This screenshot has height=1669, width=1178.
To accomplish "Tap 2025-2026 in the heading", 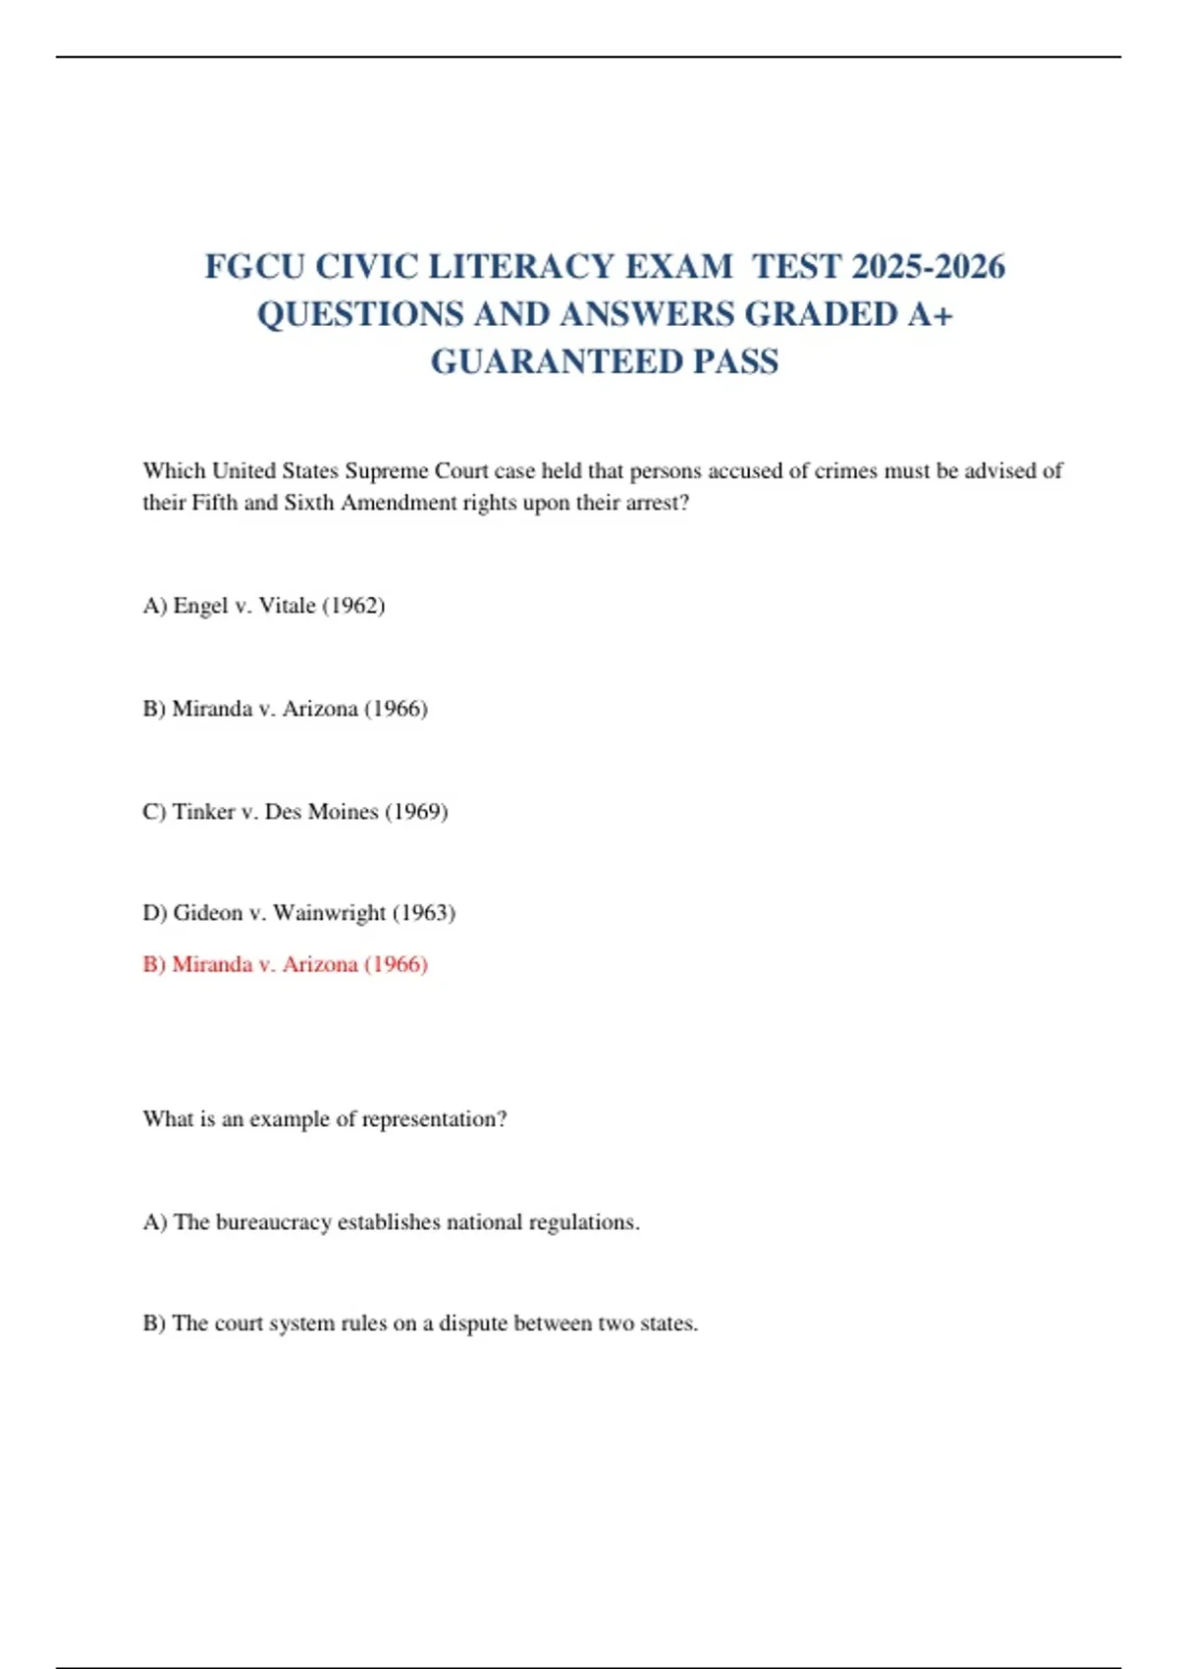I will [929, 266].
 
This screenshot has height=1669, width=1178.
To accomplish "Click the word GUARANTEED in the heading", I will [556, 362].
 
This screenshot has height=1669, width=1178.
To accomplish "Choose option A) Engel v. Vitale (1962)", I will [263, 606].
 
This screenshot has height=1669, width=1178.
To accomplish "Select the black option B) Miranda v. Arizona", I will [285, 709].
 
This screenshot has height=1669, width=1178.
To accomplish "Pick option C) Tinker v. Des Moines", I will [294, 812].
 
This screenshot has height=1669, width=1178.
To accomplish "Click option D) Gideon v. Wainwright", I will [298, 913].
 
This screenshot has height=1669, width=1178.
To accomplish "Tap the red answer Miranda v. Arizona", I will [285, 964].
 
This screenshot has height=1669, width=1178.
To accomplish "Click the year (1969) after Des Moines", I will [416, 812].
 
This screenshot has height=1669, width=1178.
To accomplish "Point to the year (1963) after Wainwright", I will [424, 913].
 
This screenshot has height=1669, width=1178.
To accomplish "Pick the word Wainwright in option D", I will [329, 913].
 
